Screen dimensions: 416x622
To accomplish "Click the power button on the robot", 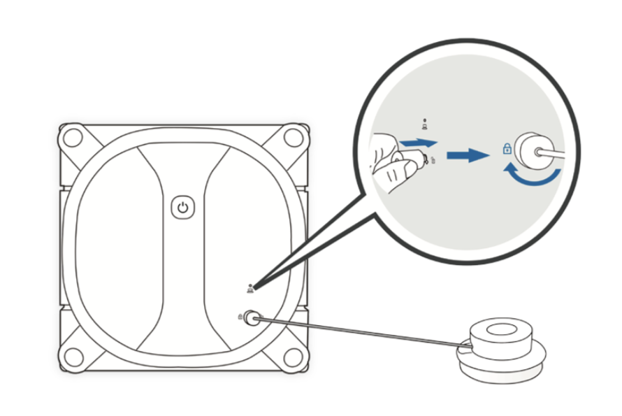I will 182,208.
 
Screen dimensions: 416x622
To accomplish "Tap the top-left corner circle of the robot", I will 72,137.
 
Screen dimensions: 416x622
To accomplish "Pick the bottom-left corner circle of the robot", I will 72,355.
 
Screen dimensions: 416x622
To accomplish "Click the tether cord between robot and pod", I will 363,332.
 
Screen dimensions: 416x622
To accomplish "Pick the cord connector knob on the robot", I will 252,318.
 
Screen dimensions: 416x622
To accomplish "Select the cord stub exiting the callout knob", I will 556,150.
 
